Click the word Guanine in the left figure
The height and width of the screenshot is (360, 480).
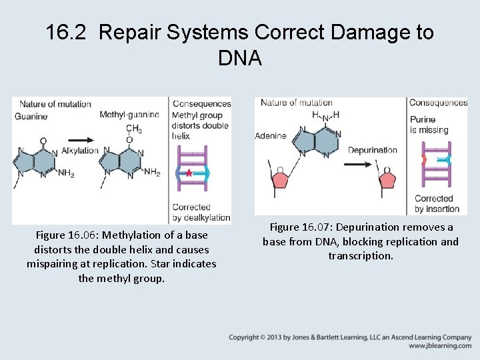[31, 116]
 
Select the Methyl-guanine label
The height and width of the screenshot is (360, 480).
[129, 115]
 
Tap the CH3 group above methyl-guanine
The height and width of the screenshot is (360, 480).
[133, 128]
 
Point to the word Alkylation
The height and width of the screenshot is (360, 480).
[80, 151]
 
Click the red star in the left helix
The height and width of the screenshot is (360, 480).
[189, 173]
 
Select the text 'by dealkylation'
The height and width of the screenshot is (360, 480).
[201, 218]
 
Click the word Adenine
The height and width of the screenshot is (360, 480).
[270, 135]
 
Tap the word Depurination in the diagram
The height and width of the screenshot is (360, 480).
[372, 150]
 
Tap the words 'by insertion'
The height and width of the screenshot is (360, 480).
[437, 209]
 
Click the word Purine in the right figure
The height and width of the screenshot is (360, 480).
[423, 120]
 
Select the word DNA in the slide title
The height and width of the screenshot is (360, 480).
[239, 59]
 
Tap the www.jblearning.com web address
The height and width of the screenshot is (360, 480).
[440, 346]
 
